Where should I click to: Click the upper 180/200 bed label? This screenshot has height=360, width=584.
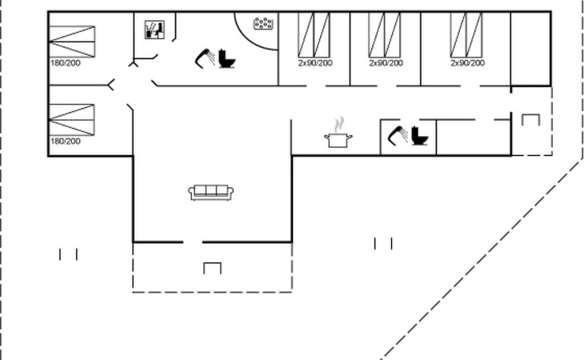point(66,62)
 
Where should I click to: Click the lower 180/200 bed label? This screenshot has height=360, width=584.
point(66,141)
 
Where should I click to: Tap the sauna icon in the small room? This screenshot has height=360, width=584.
point(154,30)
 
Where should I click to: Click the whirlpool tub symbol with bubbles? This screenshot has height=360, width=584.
point(263,24)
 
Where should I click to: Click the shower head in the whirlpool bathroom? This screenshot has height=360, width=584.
point(204,57)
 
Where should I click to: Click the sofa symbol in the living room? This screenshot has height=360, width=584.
point(212,192)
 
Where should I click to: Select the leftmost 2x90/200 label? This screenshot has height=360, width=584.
point(315,62)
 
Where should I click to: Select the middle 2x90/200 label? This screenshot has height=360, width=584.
point(385,62)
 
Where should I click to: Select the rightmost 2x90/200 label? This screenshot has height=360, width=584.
point(466,62)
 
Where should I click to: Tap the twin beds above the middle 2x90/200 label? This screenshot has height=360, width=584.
point(385,34)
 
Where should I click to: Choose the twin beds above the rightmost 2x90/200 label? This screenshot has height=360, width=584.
point(466,34)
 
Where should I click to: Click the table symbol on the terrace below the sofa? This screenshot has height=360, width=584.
point(212,267)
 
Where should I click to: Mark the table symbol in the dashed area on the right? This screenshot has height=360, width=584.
point(531,120)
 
